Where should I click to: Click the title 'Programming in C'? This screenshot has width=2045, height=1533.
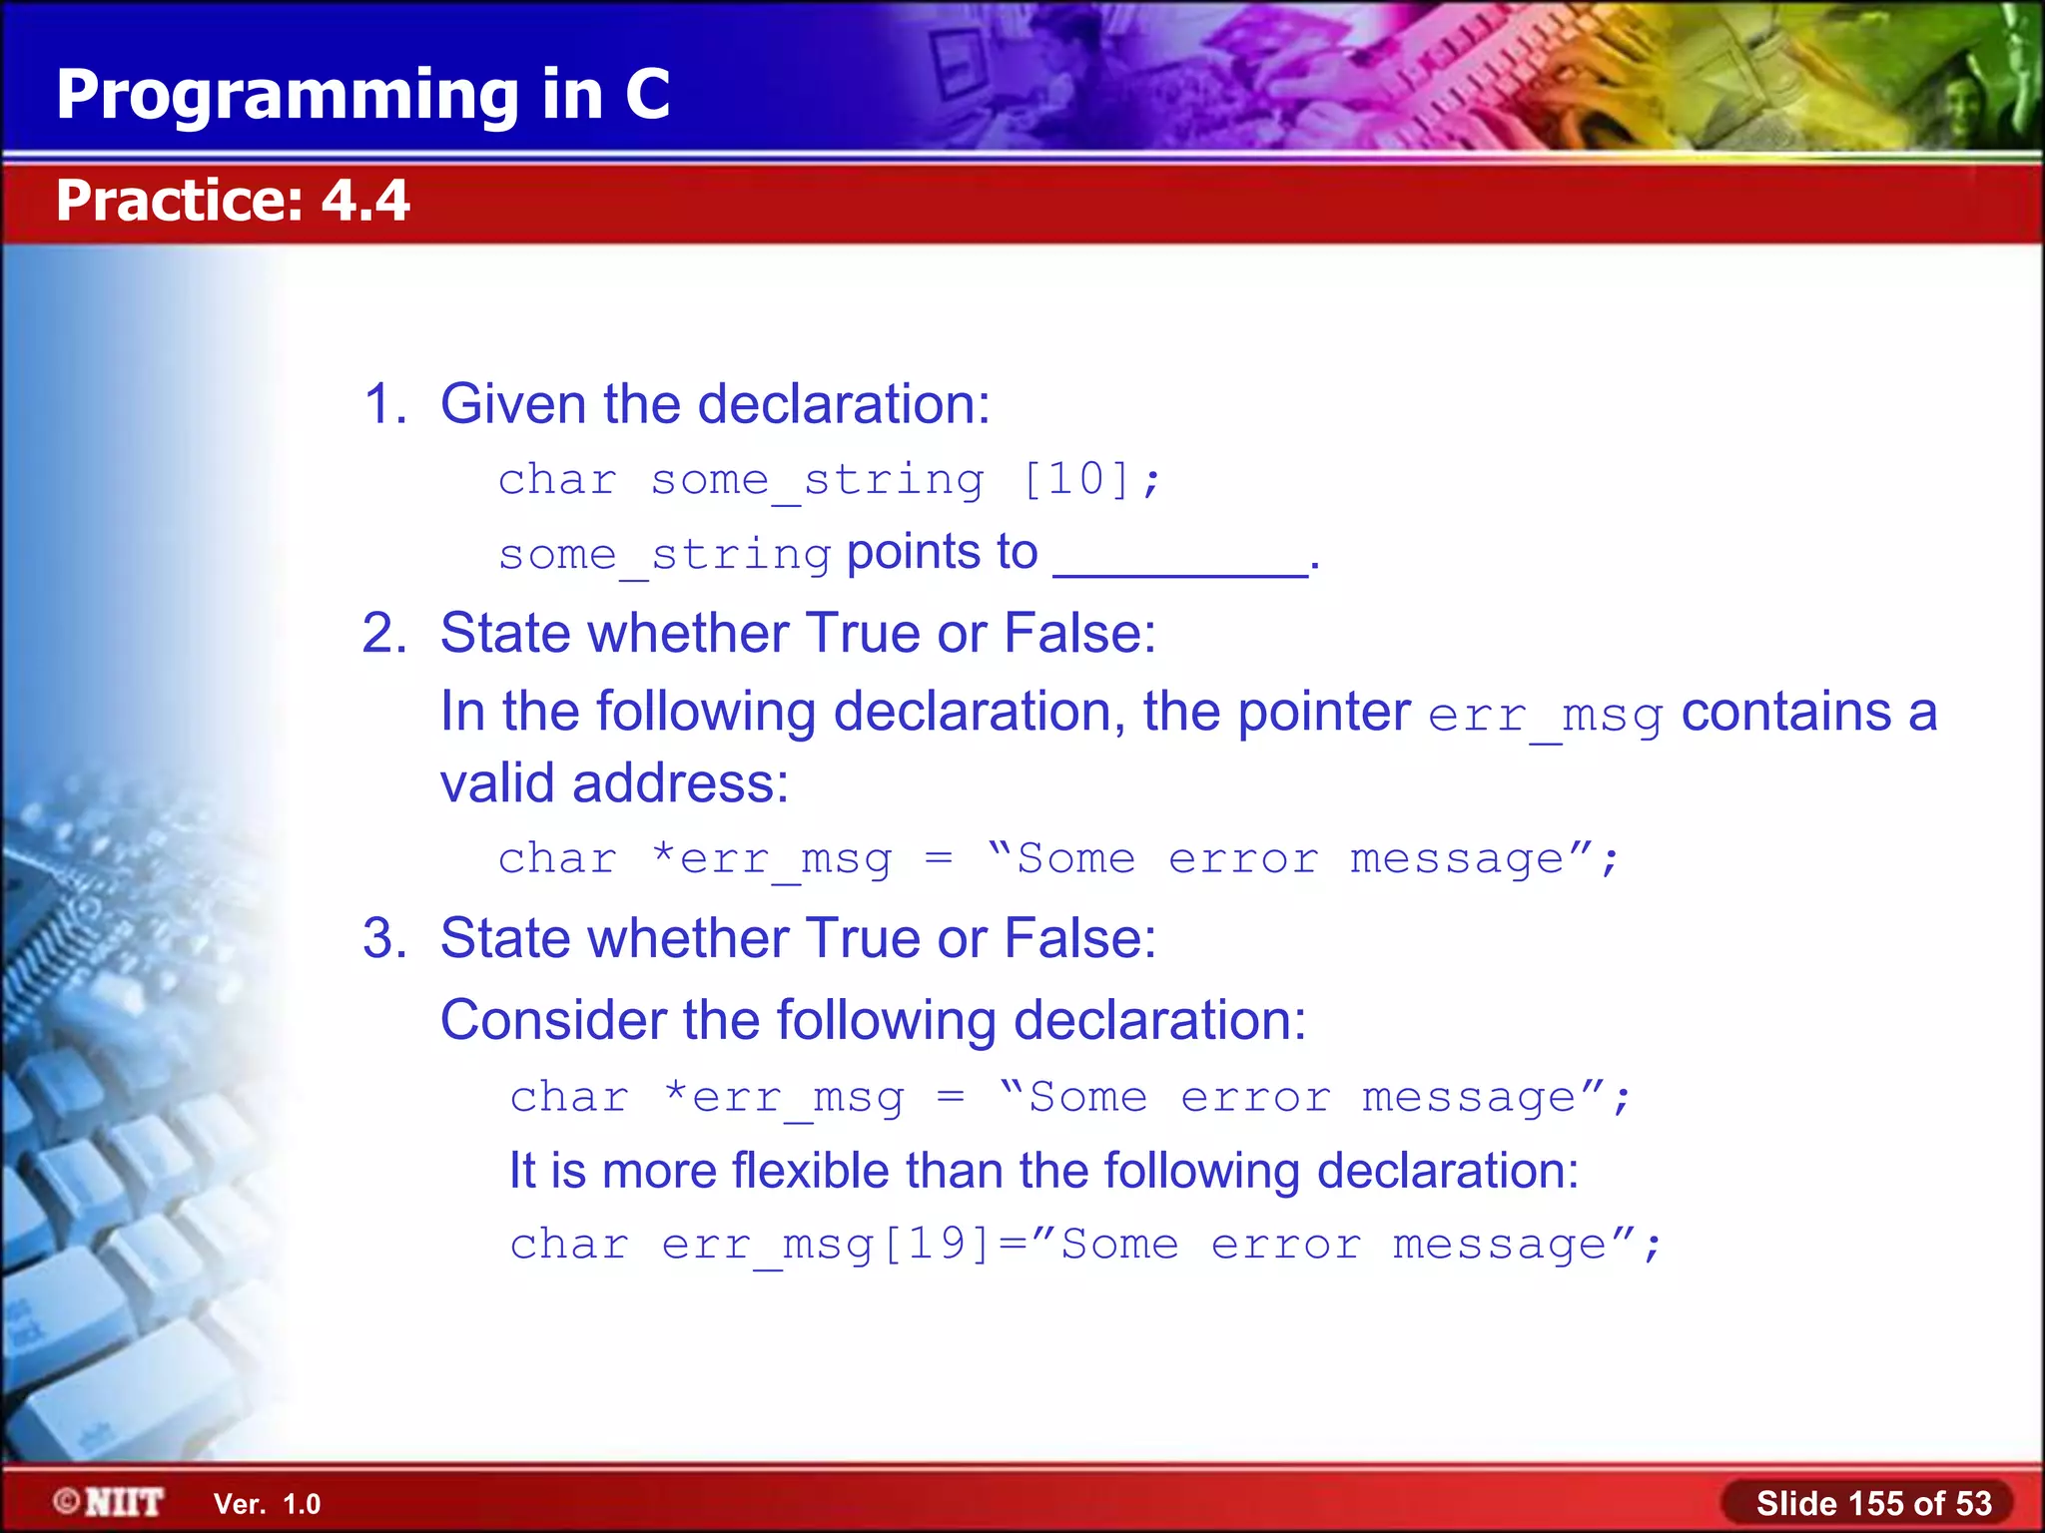pos(362,95)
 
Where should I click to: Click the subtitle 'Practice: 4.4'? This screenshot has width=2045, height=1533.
pos(233,201)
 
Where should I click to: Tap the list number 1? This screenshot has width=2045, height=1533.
pos(383,404)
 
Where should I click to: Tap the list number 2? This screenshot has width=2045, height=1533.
pos(383,634)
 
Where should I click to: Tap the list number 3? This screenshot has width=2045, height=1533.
pos(383,939)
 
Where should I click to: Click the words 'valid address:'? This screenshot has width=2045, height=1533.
pos(614,783)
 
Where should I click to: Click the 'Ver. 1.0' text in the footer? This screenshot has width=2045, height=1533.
pos(267,1504)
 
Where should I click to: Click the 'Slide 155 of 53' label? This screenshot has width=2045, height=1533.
pos(1873,1503)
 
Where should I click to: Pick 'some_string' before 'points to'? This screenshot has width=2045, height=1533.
pos(665,555)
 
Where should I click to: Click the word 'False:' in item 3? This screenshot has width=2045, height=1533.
pos(1079,939)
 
